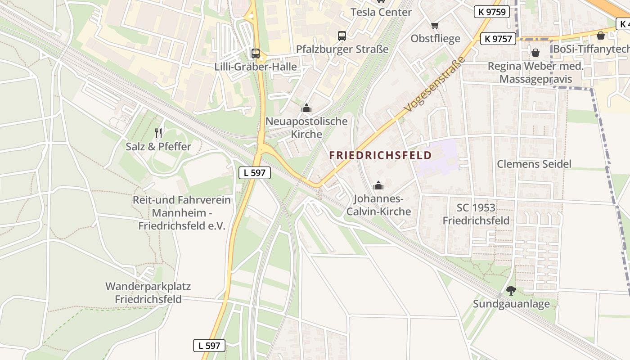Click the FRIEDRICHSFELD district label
380,156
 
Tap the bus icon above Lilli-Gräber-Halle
256,54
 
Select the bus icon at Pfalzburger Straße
342,36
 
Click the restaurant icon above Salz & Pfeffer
158,133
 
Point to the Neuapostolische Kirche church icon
306,108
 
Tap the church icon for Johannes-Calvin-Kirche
378,185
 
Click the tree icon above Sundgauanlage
511,291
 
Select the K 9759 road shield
491,12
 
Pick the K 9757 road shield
498,39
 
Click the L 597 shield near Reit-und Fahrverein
254,172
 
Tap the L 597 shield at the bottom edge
209,346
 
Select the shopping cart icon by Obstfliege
435,25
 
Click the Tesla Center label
381,12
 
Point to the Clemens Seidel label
534,164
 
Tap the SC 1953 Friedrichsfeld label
476,214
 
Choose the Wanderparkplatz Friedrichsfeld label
148,292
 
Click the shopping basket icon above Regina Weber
535,53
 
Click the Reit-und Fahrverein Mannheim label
182,213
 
